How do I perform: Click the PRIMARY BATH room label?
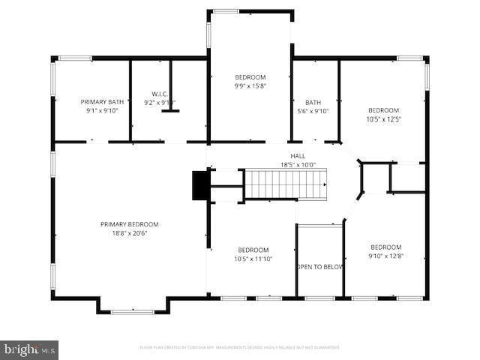[102, 101]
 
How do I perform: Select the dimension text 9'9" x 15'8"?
[250, 86]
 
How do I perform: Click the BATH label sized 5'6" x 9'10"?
[313, 102]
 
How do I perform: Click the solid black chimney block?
[200, 185]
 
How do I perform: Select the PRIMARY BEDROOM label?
[130, 223]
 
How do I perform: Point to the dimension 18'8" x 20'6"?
[130, 232]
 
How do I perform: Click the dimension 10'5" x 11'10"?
[253, 259]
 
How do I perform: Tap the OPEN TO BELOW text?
[319, 266]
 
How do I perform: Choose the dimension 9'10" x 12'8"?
[385, 256]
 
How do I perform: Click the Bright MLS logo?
[29, 349]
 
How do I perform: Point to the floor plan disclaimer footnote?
[240, 347]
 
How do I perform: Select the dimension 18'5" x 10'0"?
[298, 165]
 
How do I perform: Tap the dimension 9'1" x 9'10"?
[102, 110]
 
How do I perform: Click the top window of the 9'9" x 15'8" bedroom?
[226, 11]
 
